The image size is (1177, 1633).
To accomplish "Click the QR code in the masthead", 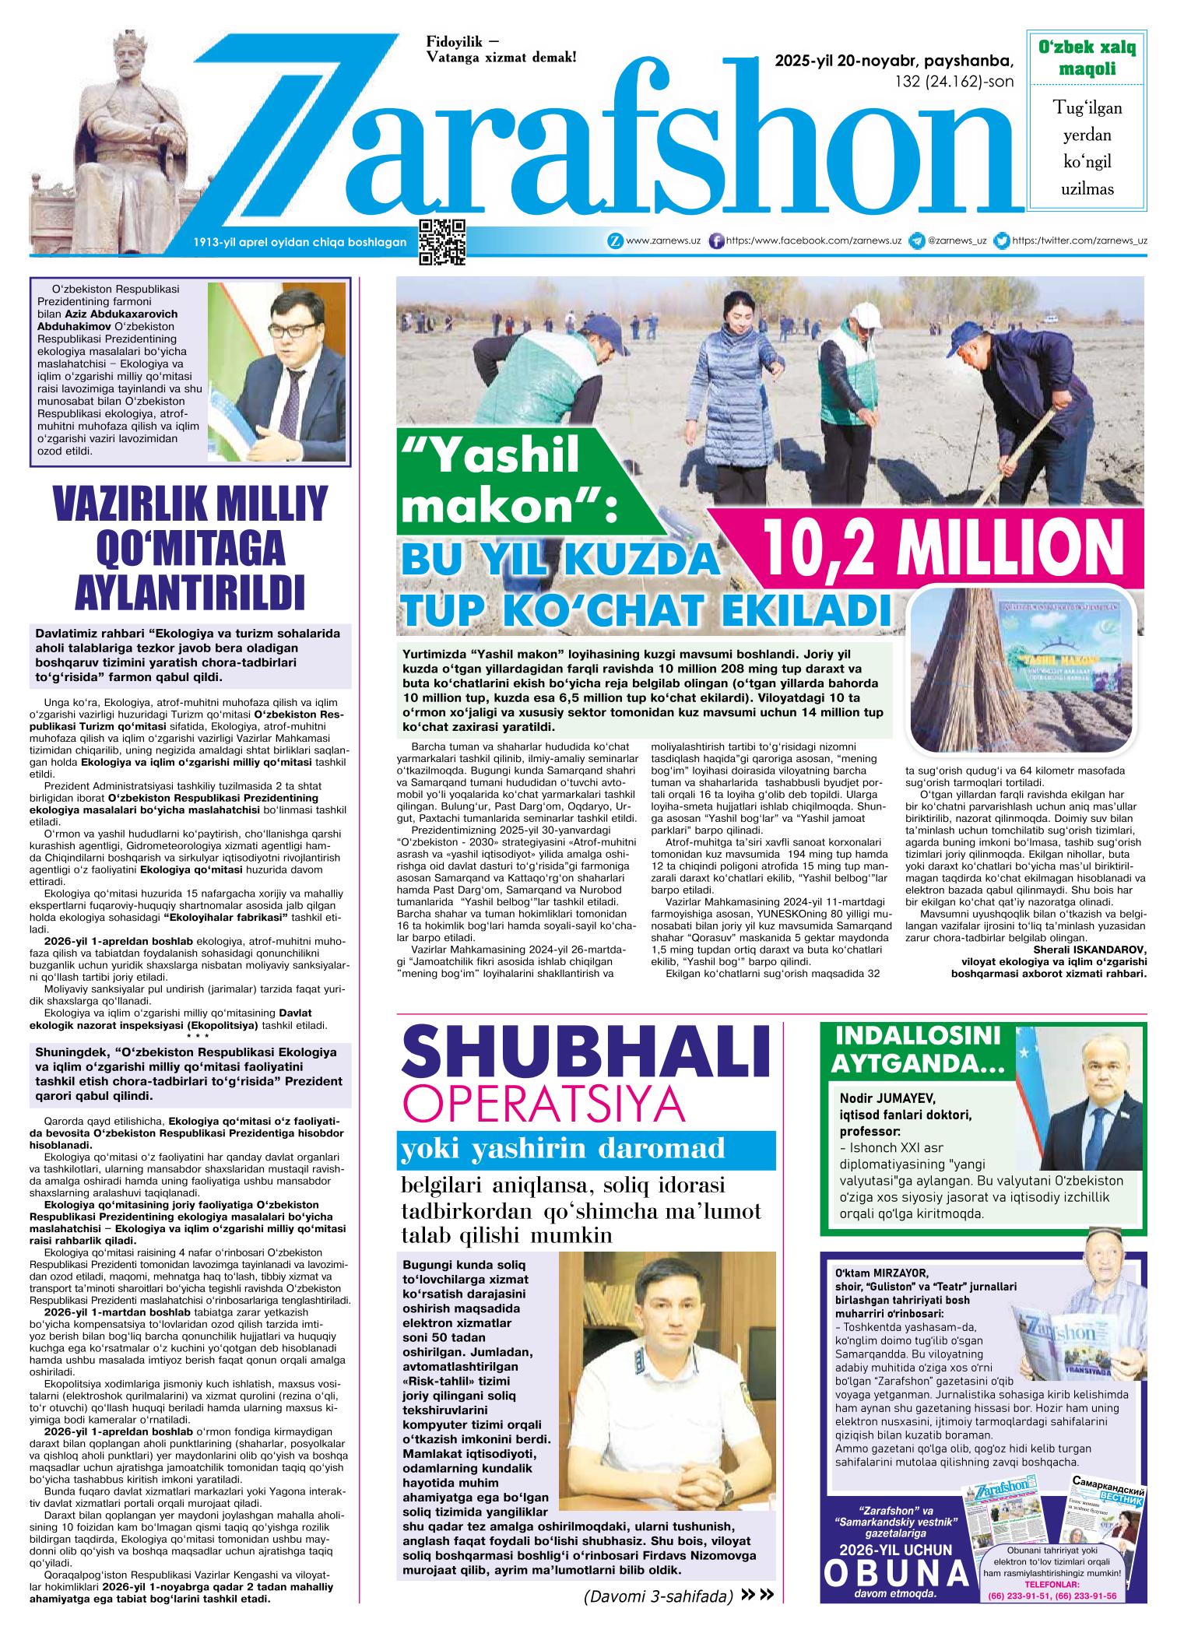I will pos(442,242).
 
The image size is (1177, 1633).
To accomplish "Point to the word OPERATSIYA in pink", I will pos(544,1104).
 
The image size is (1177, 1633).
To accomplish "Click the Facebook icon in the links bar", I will pos(717,241).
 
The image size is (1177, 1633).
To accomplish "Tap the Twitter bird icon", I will pos(1003,241).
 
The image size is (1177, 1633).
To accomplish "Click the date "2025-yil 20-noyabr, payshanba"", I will pos(894,61).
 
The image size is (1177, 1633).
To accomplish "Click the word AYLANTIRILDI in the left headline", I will pos(189,591).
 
